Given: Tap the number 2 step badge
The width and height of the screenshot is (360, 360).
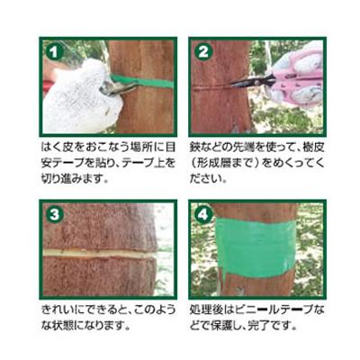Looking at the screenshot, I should tap(203, 50).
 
